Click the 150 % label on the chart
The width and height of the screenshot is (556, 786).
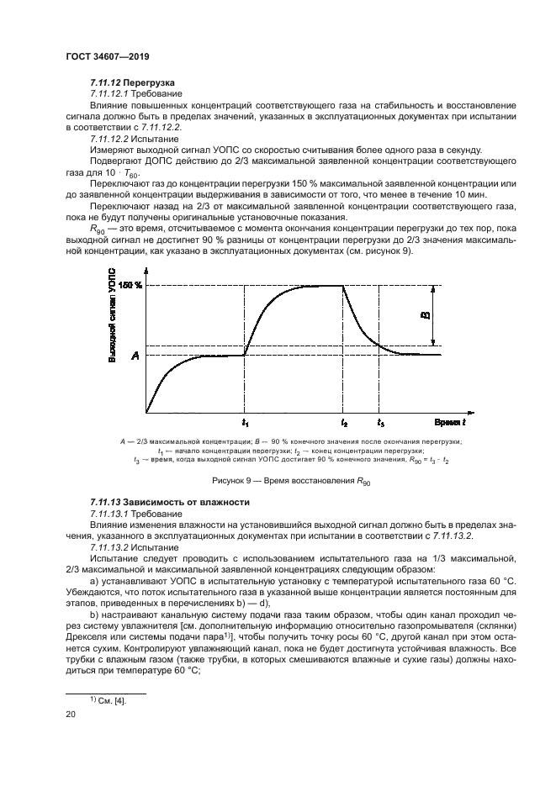tap(130, 286)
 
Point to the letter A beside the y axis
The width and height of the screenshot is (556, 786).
tap(134, 356)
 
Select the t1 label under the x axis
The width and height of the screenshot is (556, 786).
tap(245, 421)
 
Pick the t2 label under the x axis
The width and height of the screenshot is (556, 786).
tap(344, 421)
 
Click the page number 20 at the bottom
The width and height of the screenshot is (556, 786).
tap(71, 713)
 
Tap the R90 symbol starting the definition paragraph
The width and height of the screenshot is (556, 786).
tap(99, 228)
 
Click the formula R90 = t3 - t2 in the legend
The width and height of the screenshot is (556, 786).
tap(440, 461)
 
